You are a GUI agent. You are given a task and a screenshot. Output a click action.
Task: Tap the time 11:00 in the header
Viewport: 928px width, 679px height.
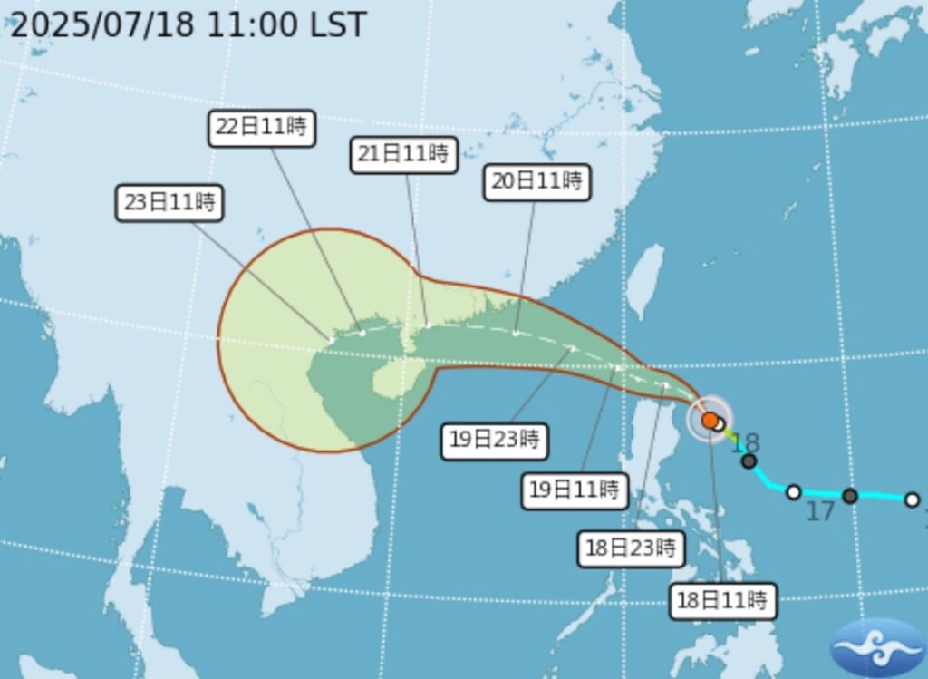252,24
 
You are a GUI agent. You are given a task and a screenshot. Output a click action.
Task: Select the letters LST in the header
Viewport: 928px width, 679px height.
338,24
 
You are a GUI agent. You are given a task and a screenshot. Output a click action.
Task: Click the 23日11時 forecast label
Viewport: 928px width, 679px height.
169,202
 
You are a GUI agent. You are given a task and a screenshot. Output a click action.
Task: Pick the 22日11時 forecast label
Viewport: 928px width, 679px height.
262,127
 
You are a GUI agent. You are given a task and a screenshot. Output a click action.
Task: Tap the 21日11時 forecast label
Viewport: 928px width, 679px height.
402,153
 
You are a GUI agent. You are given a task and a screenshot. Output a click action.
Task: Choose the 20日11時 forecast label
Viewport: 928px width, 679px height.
536,180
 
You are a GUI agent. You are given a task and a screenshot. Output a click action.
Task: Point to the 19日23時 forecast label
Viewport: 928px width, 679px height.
495,441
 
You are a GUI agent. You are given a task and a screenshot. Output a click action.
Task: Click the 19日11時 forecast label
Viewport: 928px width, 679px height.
575,490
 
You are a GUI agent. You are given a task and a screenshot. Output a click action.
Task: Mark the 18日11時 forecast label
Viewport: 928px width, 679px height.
722,599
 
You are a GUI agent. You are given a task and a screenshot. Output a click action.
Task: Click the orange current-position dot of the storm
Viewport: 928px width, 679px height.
710,420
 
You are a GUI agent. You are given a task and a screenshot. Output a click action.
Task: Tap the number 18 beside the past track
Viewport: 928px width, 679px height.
745,443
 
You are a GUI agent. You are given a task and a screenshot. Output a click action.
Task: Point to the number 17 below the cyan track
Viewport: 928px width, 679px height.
819,512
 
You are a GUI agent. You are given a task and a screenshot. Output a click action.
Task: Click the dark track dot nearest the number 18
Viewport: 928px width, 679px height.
749,461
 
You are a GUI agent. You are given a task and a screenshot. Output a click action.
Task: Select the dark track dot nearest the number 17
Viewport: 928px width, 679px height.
849,495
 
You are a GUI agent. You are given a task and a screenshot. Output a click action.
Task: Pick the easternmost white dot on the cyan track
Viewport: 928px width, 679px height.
912,500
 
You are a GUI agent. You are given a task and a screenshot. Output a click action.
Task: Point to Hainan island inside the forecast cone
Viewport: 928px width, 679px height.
392,379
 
